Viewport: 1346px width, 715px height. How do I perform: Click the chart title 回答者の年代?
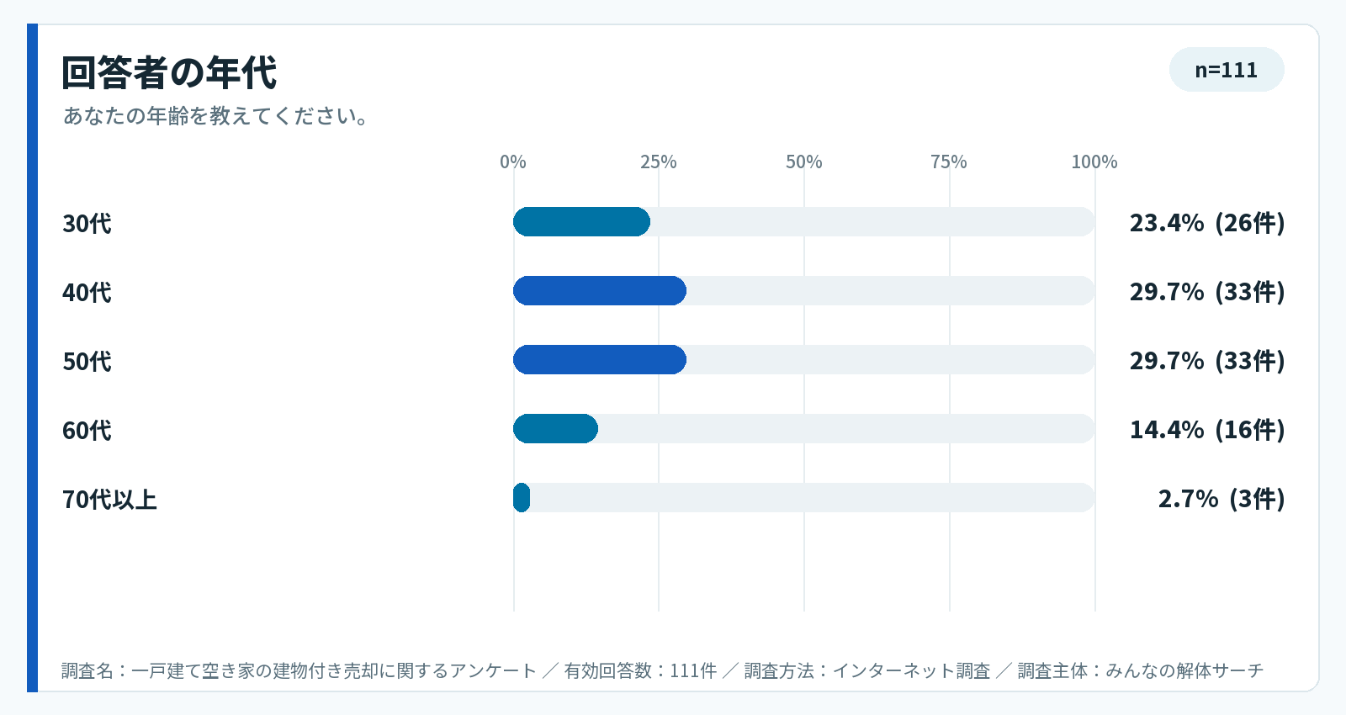click(x=169, y=72)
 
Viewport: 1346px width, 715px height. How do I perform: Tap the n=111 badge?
click(x=1227, y=70)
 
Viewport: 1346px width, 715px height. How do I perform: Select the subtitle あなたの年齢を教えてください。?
click(x=215, y=115)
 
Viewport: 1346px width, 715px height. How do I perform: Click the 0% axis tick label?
click(x=513, y=162)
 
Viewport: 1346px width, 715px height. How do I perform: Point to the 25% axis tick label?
click(x=659, y=162)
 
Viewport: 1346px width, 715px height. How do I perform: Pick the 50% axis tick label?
click(x=804, y=162)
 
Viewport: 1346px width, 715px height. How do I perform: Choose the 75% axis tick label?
click(x=950, y=162)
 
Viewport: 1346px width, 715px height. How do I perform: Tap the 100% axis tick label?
click(x=1094, y=162)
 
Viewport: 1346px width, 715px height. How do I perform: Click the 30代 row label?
click(x=87, y=223)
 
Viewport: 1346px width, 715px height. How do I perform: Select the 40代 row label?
click(x=87, y=292)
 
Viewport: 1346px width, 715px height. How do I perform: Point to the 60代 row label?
click(x=87, y=430)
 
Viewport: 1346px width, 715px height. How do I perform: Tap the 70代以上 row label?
click(x=109, y=500)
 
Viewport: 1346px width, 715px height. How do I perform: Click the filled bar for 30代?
click(x=581, y=222)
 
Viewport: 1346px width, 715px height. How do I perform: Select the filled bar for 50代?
click(x=600, y=360)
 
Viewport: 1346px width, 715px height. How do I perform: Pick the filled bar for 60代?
click(x=555, y=428)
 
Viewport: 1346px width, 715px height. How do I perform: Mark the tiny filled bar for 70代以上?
click(x=522, y=497)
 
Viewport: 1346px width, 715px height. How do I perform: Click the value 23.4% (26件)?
click(x=1207, y=222)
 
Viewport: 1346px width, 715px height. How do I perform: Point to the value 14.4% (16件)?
click(x=1207, y=429)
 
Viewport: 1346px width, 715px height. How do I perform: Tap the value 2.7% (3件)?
click(x=1221, y=498)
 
